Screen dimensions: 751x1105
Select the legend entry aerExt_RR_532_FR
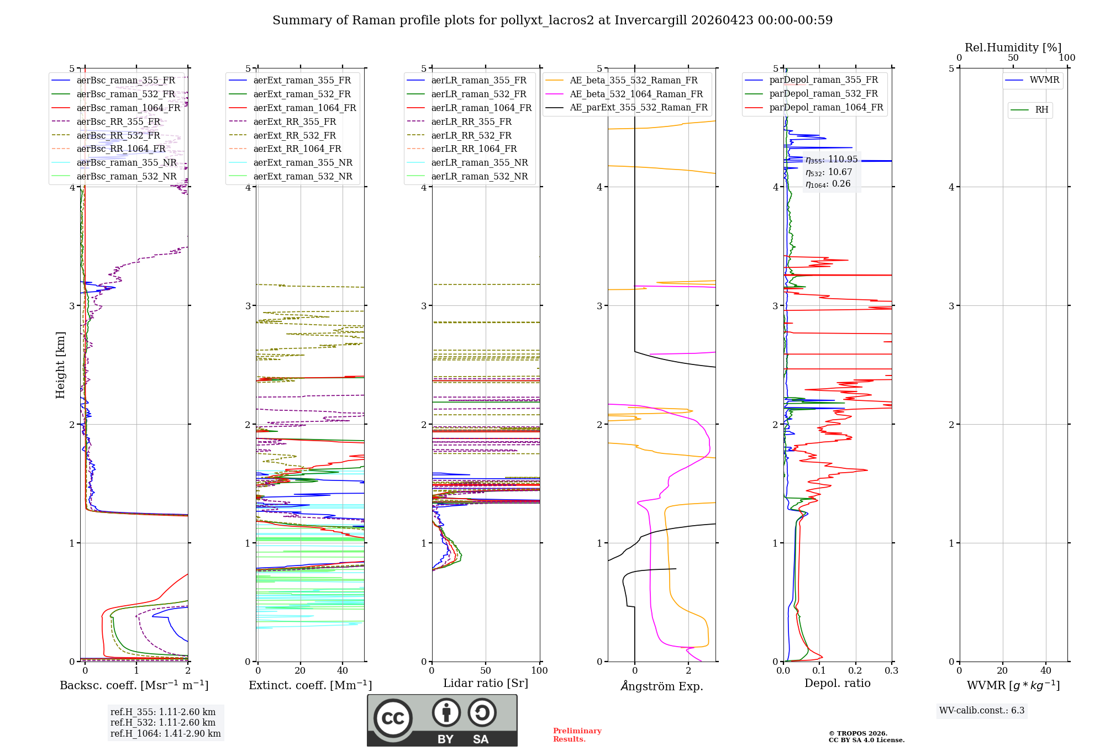pyautogui.click(x=294, y=135)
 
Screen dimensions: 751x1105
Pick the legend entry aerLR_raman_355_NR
pyautogui.click(x=479, y=163)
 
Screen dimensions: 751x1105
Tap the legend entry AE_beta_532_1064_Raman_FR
pyautogui.click(x=636, y=94)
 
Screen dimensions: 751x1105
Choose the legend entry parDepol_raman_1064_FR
pyautogui.click(x=825, y=108)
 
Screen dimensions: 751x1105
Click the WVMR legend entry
pyautogui.click(x=1044, y=81)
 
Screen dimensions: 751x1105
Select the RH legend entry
pyautogui.click(x=1041, y=110)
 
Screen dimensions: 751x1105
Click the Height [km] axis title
pyautogui.click(x=60, y=365)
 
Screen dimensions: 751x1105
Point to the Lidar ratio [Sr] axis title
pyautogui.click(x=485, y=684)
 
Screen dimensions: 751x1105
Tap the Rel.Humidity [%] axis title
pyautogui.click(x=1013, y=47)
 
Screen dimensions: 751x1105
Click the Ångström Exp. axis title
pyautogui.click(x=661, y=686)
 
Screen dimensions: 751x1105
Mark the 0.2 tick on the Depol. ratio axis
pyautogui.click(x=855, y=671)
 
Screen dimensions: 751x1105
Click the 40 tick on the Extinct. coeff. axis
pyautogui.click(x=343, y=671)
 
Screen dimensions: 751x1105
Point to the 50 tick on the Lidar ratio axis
pyautogui.click(x=485, y=671)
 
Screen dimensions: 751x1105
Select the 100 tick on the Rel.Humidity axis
pyautogui.click(x=1067, y=58)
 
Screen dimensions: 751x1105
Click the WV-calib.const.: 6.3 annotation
pyautogui.click(x=981, y=711)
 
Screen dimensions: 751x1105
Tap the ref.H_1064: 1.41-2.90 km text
pyautogui.click(x=165, y=734)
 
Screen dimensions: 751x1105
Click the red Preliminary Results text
pyautogui.click(x=577, y=735)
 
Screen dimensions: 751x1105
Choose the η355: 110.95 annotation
pyautogui.click(x=832, y=160)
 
